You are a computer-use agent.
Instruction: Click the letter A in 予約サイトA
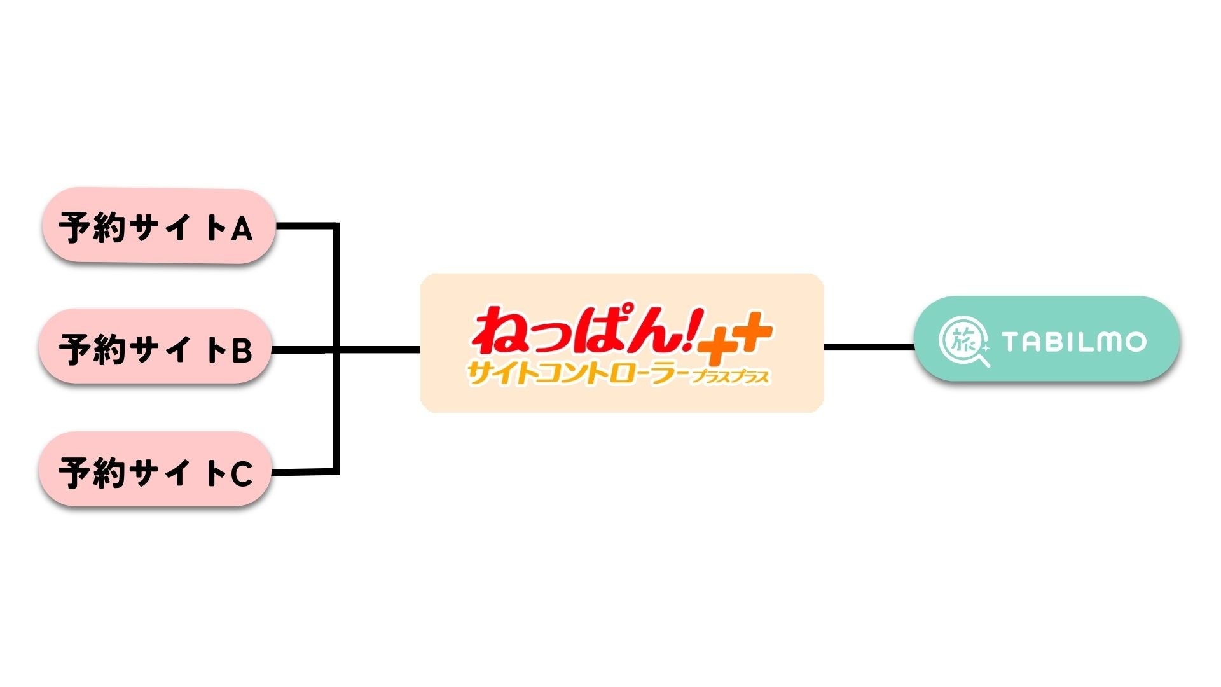click(242, 229)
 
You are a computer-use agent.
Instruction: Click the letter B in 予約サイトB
click(242, 350)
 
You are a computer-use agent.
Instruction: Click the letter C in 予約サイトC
click(241, 474)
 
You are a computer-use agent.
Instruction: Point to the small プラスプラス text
click(731, 377)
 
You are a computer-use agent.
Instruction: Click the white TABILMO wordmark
click(1074, 342)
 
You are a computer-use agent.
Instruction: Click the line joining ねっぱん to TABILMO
click(869, 347)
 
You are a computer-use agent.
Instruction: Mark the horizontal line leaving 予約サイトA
click(305, 225)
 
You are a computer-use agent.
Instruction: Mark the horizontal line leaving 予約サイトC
click(304, 472)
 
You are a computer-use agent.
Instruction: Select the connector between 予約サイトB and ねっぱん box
click(378, 349)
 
